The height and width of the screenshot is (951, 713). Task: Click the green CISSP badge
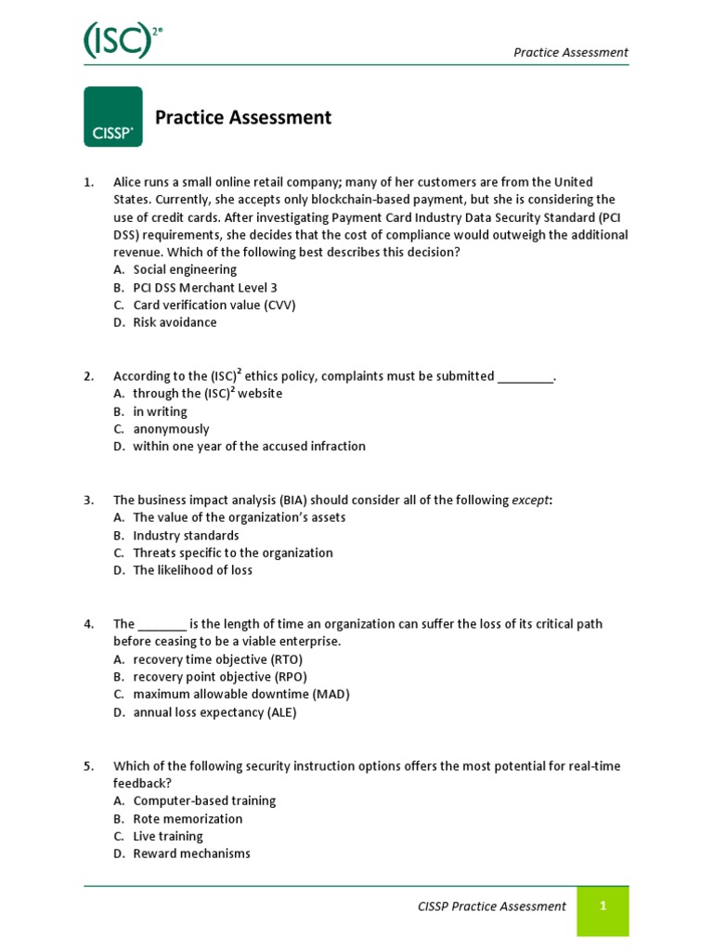113,117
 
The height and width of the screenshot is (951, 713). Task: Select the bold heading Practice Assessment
242,117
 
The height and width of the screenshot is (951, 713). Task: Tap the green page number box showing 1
603,906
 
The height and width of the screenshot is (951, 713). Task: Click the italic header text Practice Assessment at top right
570,52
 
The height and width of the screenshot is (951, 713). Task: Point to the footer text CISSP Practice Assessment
491,906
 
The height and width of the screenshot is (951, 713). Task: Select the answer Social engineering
185,269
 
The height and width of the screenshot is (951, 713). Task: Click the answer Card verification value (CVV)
214,305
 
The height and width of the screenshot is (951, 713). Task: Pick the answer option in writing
160,411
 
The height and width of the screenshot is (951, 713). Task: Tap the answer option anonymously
171,429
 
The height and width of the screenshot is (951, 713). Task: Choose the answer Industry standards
186,536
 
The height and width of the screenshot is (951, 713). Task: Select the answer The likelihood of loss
192,570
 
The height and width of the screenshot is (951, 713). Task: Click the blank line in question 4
162,625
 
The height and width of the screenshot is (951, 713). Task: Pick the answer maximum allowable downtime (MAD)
240,694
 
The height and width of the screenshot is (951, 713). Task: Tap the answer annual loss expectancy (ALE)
227,712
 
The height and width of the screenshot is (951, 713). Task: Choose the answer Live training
167,836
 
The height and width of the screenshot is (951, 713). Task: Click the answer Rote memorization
188,818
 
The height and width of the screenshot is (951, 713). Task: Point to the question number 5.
89,766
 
